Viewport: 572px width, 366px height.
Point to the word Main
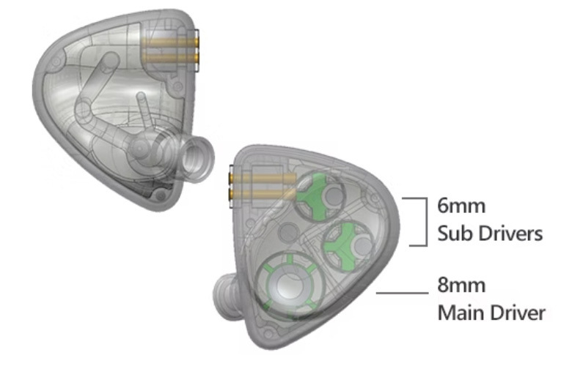460,313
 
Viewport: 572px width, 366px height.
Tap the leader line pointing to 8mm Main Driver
400,293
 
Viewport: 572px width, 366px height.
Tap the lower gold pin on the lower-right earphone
257,191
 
